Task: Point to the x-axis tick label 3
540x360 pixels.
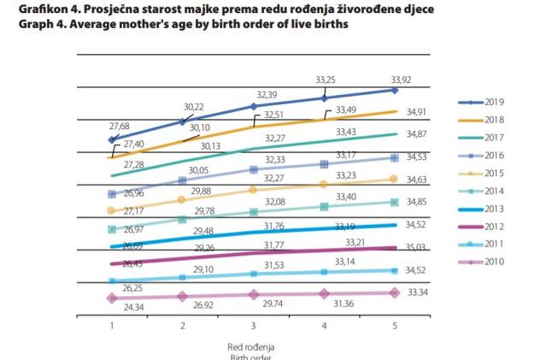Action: point(254,326)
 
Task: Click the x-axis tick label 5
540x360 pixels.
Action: point(395,326)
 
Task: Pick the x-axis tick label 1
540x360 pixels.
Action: point(111,326)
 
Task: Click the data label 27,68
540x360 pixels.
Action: point(111,126)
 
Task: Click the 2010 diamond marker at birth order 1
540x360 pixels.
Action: point(111,298)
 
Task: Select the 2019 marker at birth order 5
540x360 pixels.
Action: point(395,90)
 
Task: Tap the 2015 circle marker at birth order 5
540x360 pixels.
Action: point(395,178)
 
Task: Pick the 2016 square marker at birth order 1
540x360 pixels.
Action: point(111,193)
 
